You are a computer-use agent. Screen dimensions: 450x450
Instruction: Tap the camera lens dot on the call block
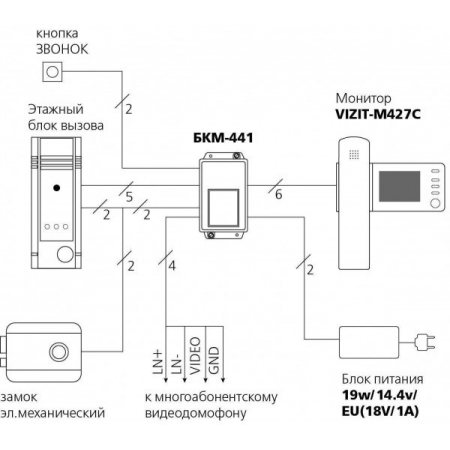[x=57, y=187]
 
